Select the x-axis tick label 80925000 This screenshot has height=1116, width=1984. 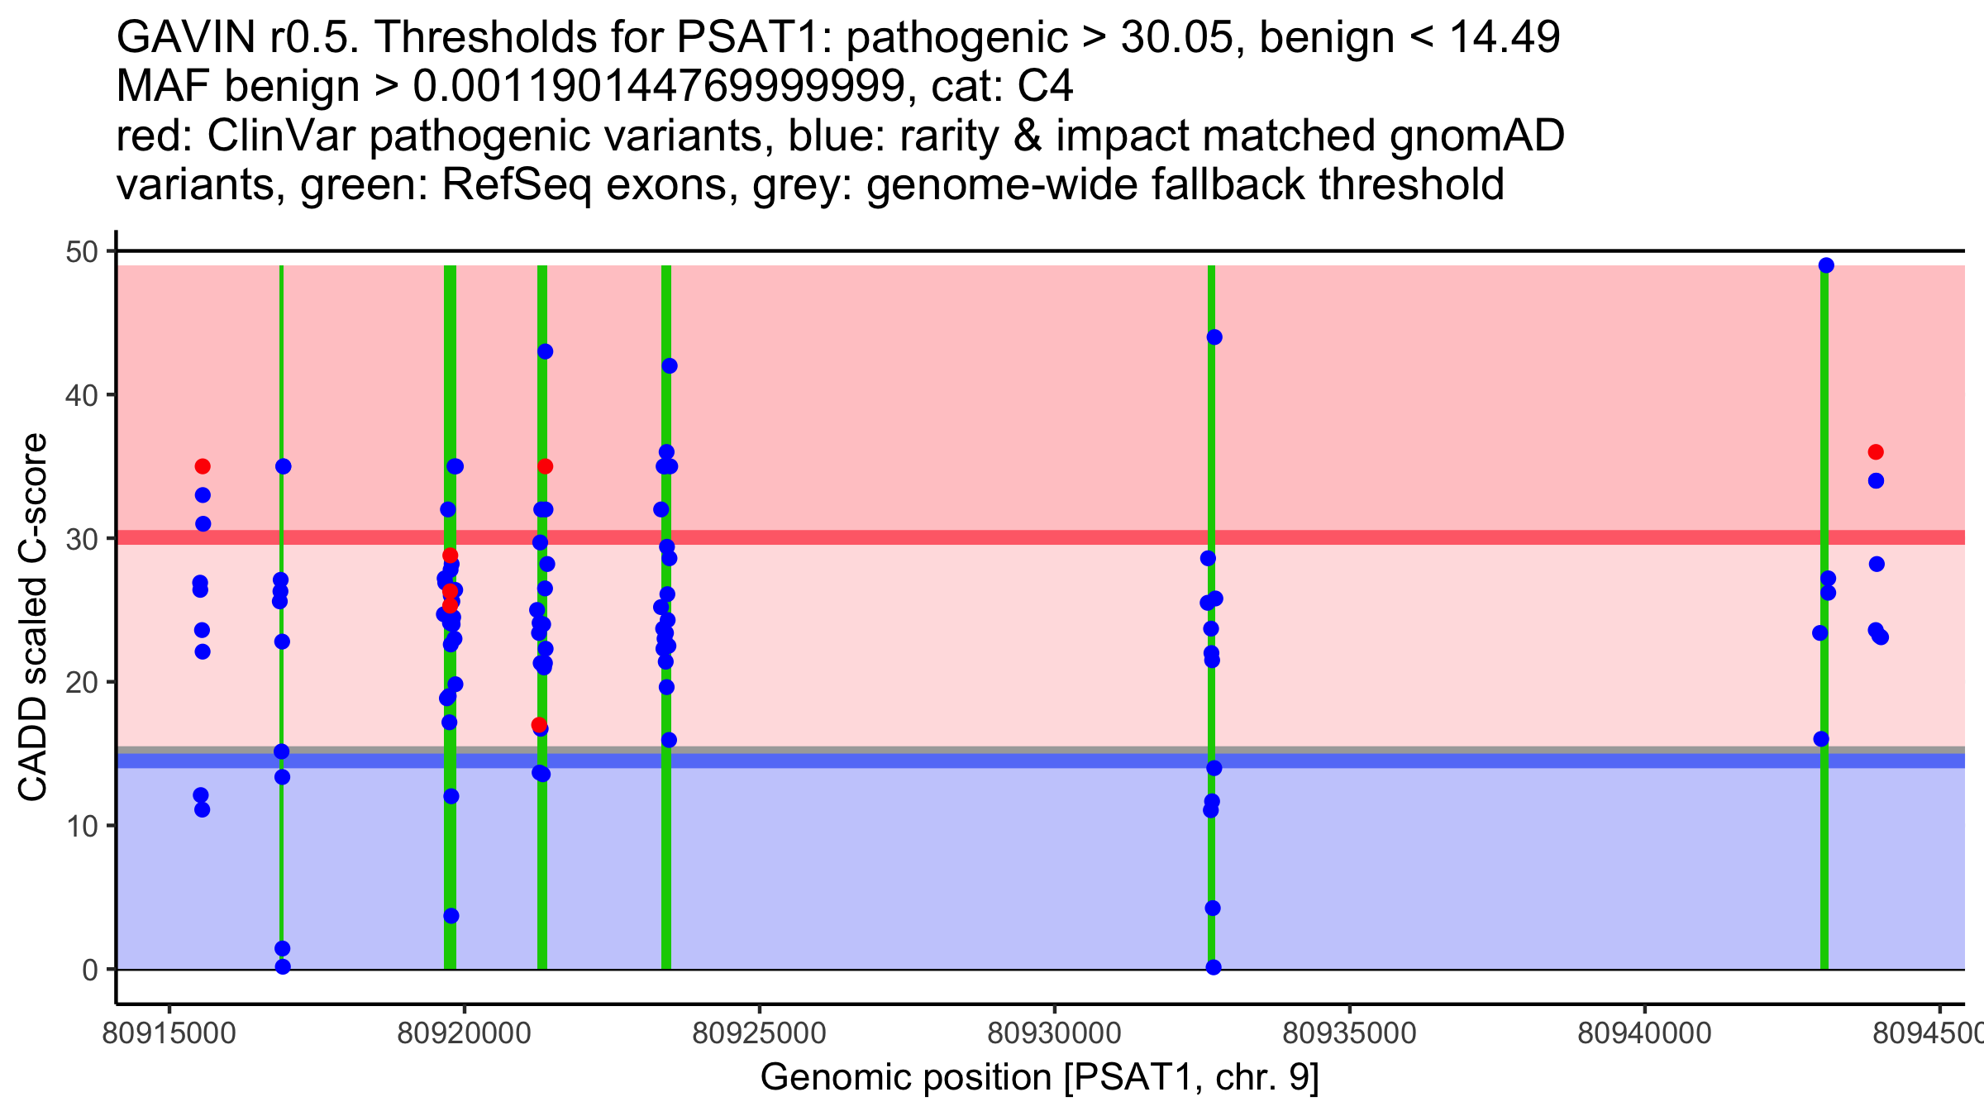coord(759,1033)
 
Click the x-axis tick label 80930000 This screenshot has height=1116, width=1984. coord(1054,1033)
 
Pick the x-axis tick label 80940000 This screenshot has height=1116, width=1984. coord(1644,1033)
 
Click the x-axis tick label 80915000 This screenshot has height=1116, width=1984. coord(169,1033)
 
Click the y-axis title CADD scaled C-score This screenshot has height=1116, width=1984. coord(33,617)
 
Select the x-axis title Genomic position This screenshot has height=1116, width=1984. coord(1039,1078)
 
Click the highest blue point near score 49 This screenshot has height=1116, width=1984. coord(1826,265)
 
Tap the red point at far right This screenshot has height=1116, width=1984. coord(1876,452)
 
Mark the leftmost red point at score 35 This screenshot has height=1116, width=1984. coord(203,466)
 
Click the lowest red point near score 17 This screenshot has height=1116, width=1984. coord(539,725)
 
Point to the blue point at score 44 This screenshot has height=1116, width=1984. coord(1214,337)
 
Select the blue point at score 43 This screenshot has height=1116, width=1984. coord(545,351)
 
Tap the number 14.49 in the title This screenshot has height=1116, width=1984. coord(1505,38)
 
